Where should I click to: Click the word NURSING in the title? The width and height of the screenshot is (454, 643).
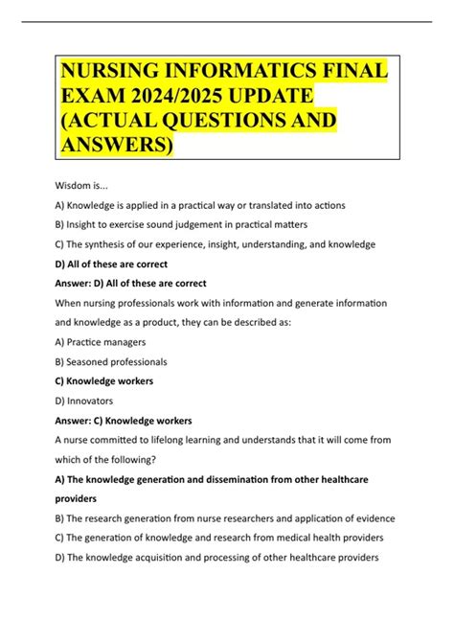click(x=111, y=74)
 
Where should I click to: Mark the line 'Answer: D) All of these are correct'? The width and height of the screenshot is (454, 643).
click(x=133, y=283)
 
